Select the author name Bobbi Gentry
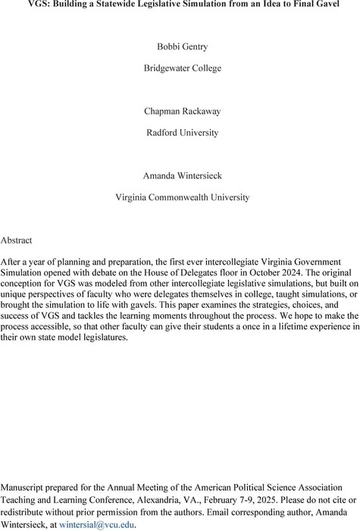click(x=180, y=47)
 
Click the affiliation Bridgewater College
click(x=180, y=68)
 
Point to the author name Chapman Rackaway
click(x=180, y=111)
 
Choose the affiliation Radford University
click(x=180, y=133)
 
